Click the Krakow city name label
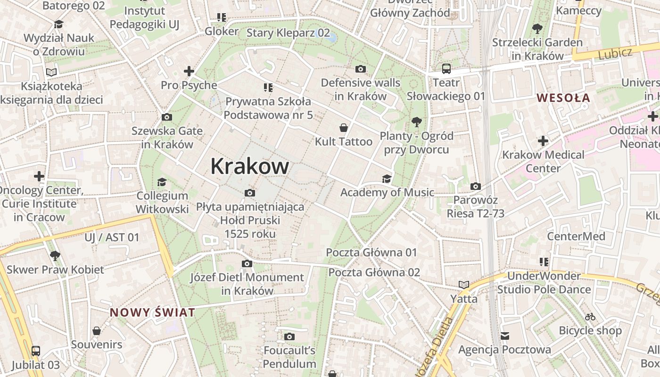tap(249, 166)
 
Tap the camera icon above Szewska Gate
tap(166, 117)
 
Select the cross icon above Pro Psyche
tap(189, 71)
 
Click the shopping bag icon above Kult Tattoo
tap(344, 128)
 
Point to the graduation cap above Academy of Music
tap(387, 179)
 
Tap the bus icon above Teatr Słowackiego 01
tap(446, 69)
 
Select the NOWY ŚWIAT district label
tap(152, 312)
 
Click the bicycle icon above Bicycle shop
tap(590, 317)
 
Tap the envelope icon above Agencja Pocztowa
tap(505, 336)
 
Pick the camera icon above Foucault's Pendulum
tap(289, 336)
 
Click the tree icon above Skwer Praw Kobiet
tap(55, 256)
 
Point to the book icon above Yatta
tap(464, 285)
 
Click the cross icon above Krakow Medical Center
tap(543, 140)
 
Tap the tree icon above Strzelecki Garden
tap(537, 29)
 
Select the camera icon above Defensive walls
tap(360, 69)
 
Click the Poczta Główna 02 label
tap(374, 272)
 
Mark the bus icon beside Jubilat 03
tap(36, 351)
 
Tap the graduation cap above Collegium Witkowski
tap(162, 182)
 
